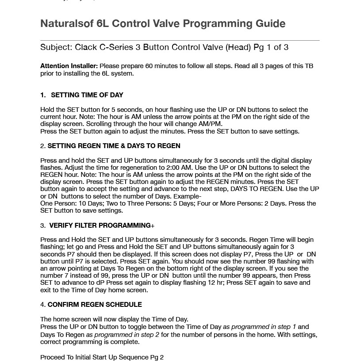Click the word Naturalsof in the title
67,23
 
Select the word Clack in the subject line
86,47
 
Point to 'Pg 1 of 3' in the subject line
271,47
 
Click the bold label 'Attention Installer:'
69,66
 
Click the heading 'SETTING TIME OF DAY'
87,95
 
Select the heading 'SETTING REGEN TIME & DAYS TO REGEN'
114,146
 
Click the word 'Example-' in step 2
188,196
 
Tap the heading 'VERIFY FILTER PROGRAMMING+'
102,225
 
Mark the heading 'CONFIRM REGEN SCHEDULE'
95,305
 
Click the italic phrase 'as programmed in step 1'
260,327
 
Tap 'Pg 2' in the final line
157,357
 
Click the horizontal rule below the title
180,41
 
